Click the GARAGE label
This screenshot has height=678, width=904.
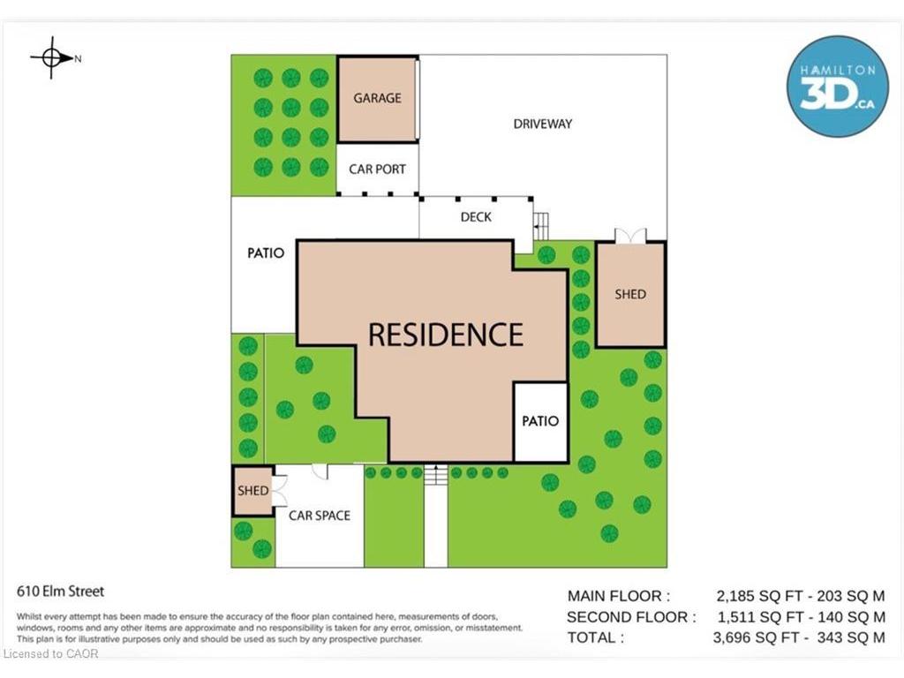pos(377,98)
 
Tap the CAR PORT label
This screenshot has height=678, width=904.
pos(377,169)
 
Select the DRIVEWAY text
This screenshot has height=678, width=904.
pos(543,124)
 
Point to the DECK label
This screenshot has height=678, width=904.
pos(476,217)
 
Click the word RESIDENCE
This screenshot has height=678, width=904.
pos(446,335)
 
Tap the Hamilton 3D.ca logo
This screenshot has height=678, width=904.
pos(837,87)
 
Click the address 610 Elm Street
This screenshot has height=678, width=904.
pos(61,591)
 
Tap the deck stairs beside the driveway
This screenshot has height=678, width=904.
pos(540,226)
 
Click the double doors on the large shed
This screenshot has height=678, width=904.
pos(630,236)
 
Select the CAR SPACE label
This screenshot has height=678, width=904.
pos(320,516)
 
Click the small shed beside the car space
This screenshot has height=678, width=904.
pos(252,491)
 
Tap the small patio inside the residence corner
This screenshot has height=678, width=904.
pos(540,421)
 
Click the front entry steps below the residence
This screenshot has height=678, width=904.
pos(436,475)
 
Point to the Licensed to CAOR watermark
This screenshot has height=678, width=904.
pos(50,654)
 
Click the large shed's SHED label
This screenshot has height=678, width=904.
pos(630,294)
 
